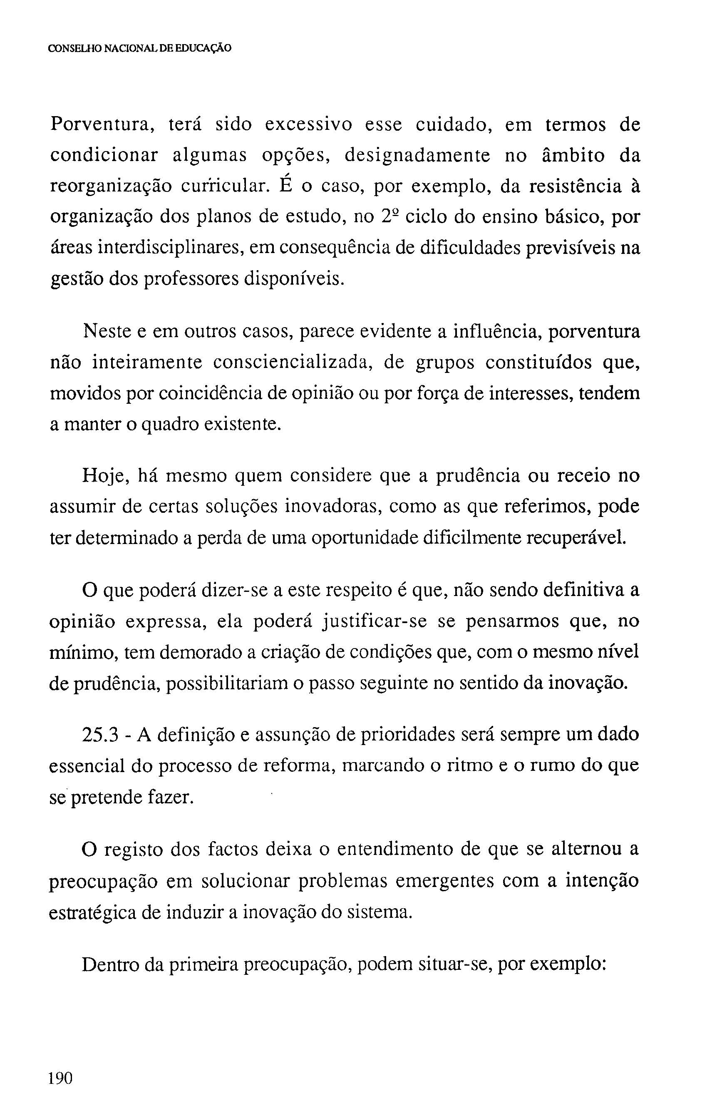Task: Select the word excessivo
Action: click(x=309, y=125)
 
